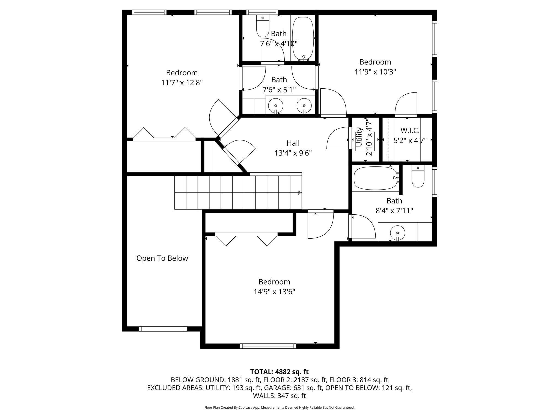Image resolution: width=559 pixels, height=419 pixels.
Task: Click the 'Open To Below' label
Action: click(162, 258)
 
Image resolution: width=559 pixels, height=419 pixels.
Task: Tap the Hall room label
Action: click(293, 143)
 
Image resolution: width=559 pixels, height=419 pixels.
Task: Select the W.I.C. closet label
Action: click(410, 131)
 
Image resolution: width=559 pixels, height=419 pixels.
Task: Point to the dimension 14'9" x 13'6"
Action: click(274, 292)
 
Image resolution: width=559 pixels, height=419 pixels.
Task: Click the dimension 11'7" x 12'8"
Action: click(182, 83)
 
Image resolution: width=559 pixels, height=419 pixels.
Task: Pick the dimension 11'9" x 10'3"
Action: click(375, 72)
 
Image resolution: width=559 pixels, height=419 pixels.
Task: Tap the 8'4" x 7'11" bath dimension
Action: click(394, 211)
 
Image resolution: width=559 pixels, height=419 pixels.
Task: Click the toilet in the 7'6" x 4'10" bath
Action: click(263, 26)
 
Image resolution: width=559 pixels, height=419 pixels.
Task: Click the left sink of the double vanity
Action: click(276, 105)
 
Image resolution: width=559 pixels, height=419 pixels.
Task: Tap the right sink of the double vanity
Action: click(304, 105)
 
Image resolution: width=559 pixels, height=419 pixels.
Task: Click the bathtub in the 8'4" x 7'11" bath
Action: click(376, 178)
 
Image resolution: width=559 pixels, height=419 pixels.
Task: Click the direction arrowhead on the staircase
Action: click(300, 193)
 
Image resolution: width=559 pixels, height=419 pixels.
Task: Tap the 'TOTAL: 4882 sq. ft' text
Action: click(279, 372)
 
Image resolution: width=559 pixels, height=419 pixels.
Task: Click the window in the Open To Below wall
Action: click(163, 329)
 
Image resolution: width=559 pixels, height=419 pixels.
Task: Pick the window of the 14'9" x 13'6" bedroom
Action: click(268, 346)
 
